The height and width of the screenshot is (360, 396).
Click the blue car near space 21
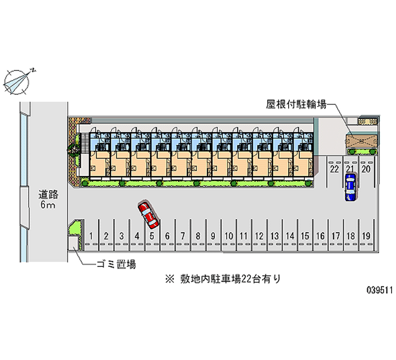click(x=350, y=187)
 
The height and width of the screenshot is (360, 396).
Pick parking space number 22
click(x=335, y=169)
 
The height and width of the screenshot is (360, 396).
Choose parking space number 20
click(x=366, y=169)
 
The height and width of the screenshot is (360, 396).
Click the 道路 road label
click(x=48, y=195)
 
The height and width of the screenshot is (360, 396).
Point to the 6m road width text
click(x=48, y=205)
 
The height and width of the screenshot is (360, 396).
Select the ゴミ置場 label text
click(x=116, y=264)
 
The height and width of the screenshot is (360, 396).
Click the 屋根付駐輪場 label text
click(x=297, y=104)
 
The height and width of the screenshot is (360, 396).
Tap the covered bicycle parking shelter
click(x=361, y=141)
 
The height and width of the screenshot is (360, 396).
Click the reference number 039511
click(x=380, y=290)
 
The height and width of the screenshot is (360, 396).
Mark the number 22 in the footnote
click(x=246, y=279)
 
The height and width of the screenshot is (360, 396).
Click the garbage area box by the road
click(x=73, y=243)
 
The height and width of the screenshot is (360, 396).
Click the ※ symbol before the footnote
click(x=170, y=279)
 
